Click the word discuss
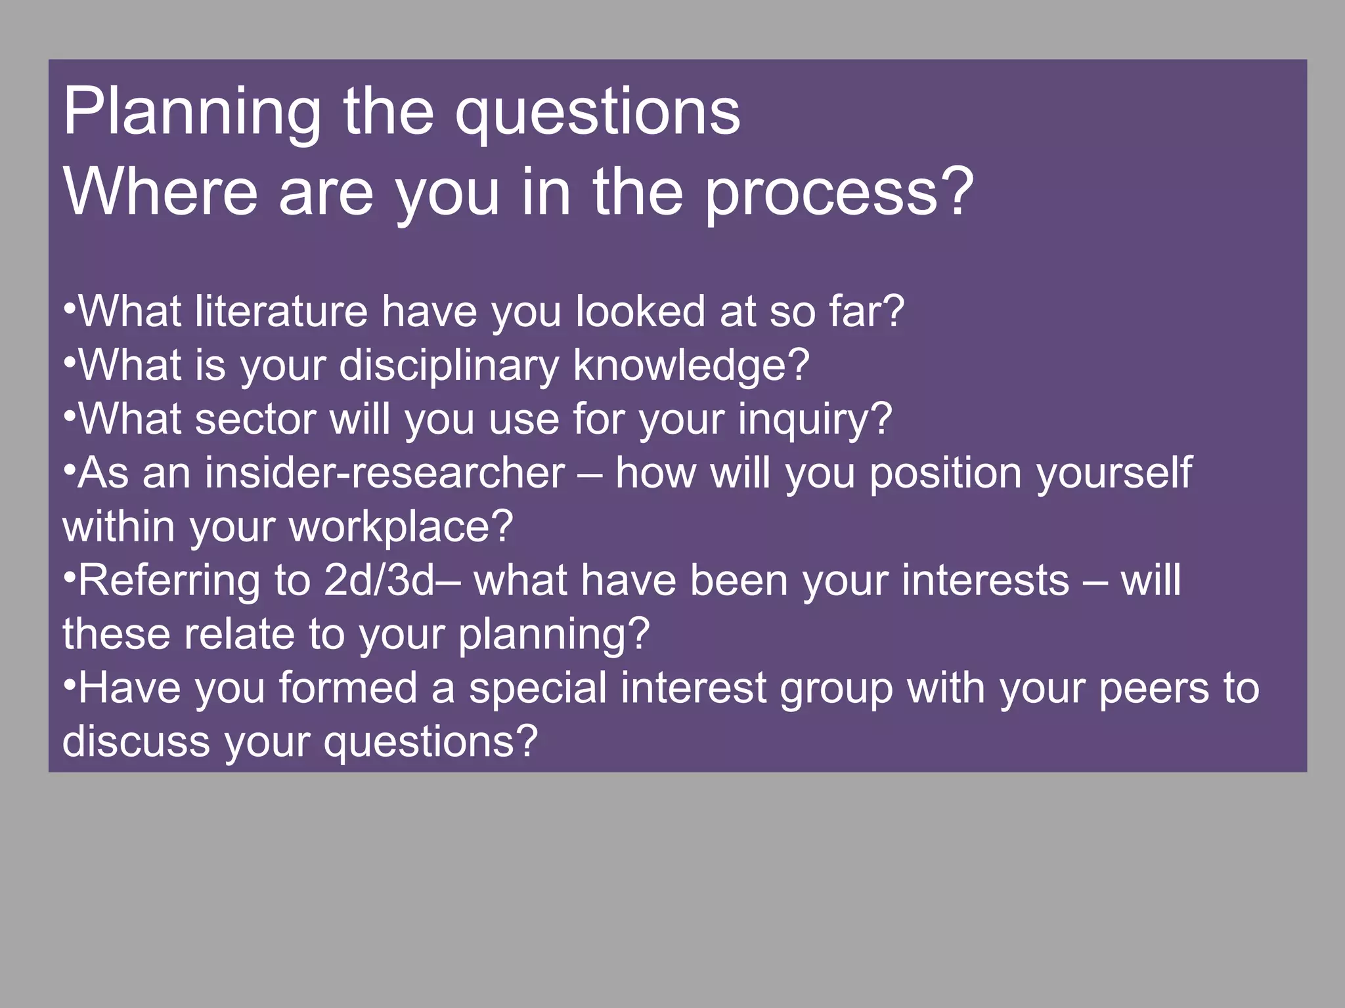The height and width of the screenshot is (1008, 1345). point(135,742)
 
